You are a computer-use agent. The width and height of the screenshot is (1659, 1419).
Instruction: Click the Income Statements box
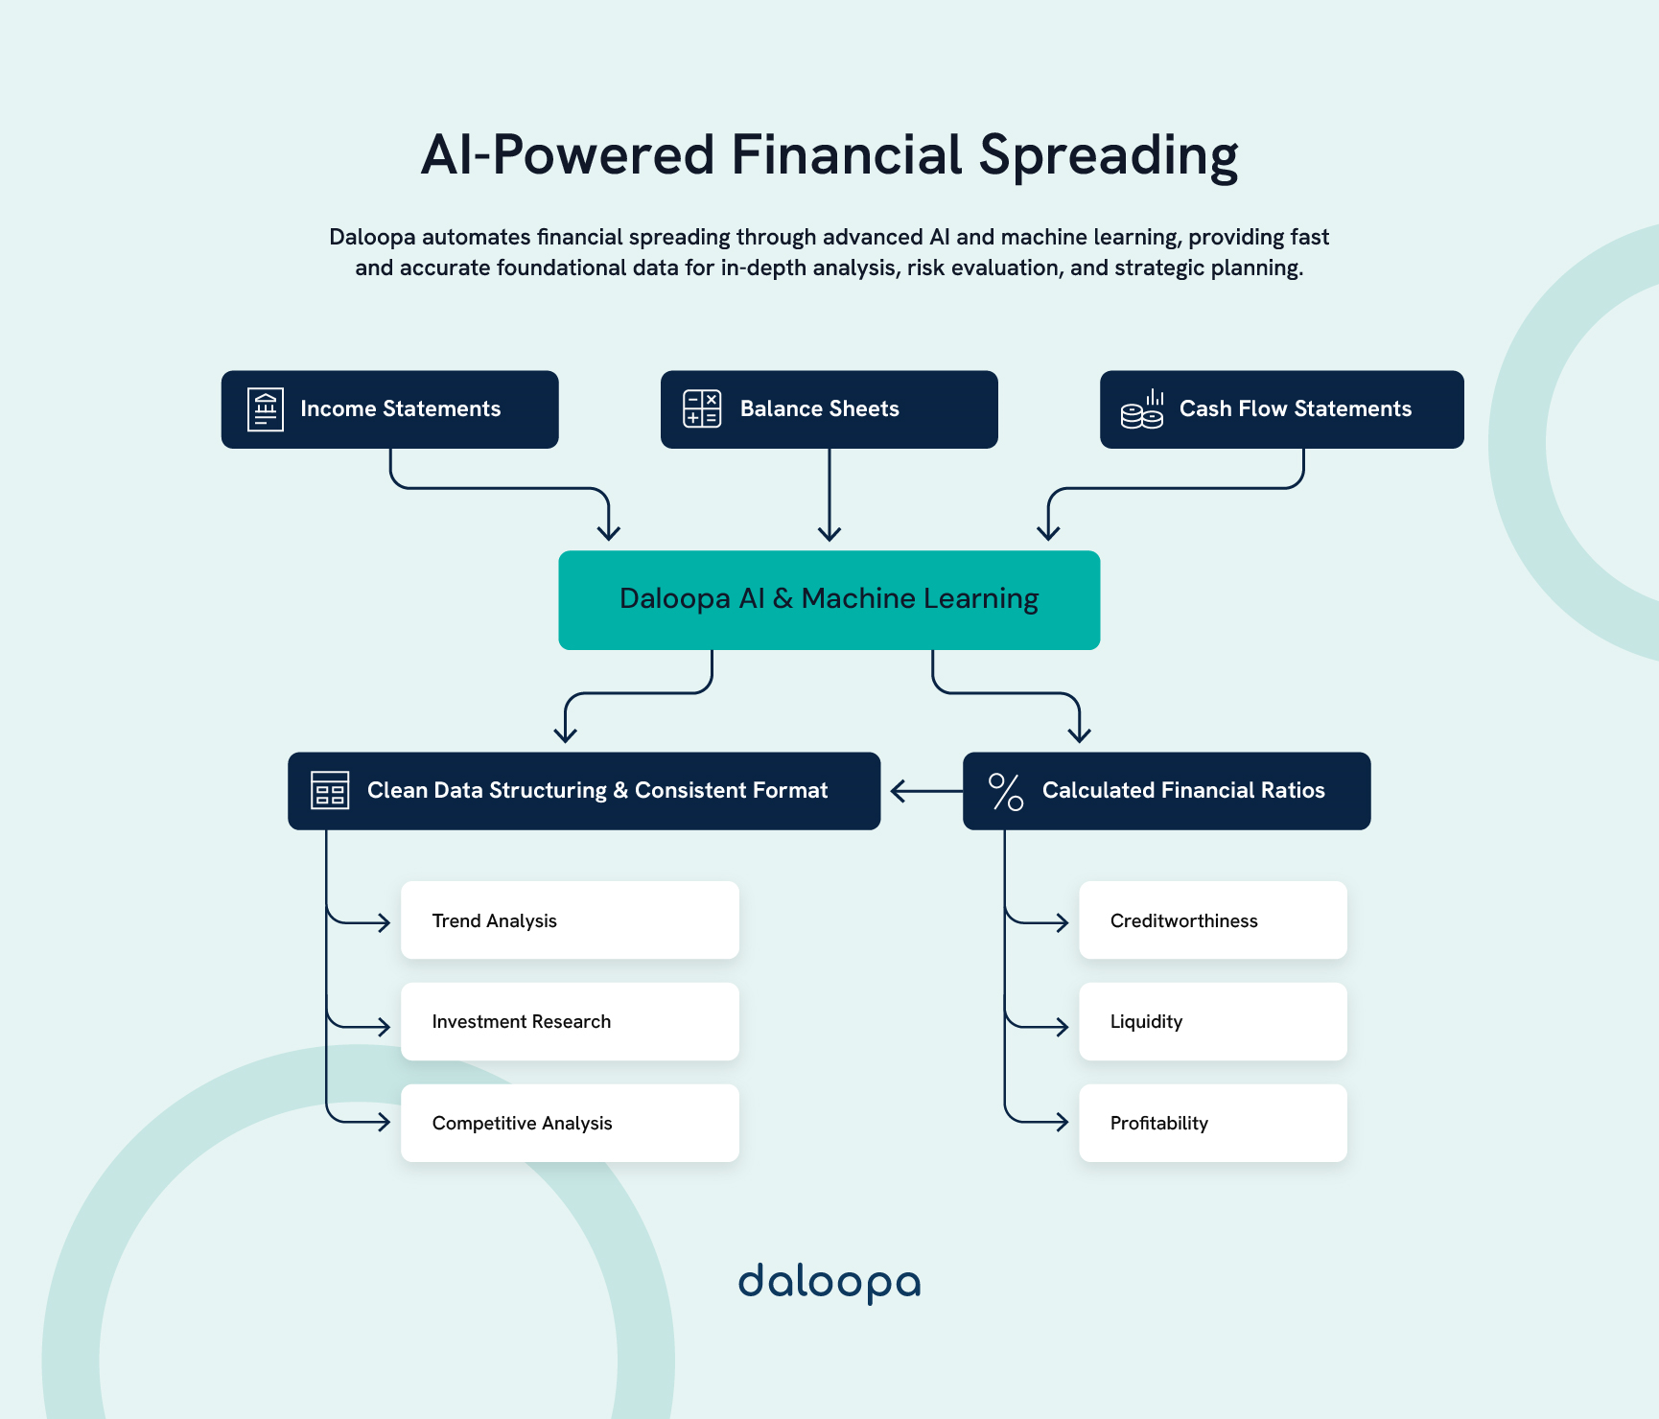click(x=389, y=409)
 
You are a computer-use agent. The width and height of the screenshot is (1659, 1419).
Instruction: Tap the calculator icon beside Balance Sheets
click(x=702, y=409)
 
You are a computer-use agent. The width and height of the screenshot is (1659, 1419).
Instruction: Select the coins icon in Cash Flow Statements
click(x=1141, y=410)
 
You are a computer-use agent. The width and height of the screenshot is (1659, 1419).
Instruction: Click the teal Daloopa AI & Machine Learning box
click(x=829, y=600)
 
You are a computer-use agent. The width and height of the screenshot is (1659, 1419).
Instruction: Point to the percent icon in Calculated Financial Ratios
click(x=1006, y=792)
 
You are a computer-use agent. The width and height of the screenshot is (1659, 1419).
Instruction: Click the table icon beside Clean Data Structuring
click(x=330, y=791)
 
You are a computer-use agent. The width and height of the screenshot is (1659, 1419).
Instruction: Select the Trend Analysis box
click(x=570, y=920)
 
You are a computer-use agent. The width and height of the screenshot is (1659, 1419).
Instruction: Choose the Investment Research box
click(x=570, y=1022)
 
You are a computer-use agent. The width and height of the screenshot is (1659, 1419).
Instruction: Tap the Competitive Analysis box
click(x=570, y=1124)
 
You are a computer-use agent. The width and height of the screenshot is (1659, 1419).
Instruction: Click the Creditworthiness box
click(x=1212, y=920)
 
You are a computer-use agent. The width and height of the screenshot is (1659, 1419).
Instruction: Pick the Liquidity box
click(x=1212, y=1022)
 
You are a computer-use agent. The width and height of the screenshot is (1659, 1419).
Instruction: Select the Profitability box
click(x=1212, y=1124)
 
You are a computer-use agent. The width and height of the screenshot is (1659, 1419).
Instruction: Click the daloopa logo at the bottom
click(x=829, y=1282)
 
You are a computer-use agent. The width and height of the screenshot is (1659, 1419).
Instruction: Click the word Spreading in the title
click(x=1108, y=156)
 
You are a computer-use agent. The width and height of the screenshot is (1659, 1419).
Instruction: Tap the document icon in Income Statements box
click(x=266, y=409)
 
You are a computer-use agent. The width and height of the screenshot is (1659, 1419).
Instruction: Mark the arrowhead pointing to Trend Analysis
click(x=385, y=923)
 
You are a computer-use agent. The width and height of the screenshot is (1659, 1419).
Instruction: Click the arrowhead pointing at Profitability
click(x=1063, y=1122)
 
